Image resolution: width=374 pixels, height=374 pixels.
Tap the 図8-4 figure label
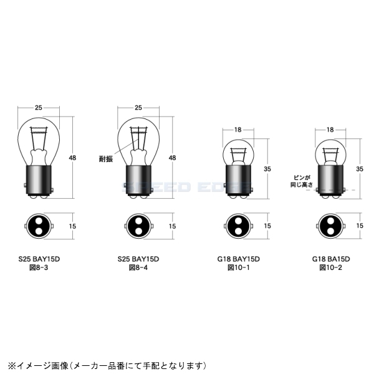139,267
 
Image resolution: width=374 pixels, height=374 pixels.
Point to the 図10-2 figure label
330,267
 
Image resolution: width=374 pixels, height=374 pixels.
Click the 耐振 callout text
107,160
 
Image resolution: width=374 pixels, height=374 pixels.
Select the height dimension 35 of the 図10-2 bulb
360,168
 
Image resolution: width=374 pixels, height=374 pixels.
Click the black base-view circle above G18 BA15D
330,226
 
